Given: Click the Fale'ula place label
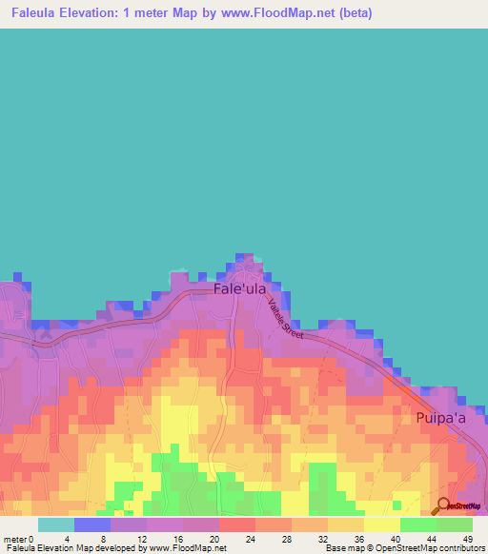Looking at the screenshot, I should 239,287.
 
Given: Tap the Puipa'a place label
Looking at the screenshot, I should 439,417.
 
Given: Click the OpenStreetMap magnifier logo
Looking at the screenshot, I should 443,505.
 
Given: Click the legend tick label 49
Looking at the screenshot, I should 466,539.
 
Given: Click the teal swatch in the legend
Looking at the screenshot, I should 55,524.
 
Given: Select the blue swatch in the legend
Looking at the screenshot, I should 91,524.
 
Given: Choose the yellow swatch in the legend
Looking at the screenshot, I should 381,524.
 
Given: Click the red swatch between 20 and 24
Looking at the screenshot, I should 236,524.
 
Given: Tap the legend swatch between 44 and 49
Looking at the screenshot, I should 454,524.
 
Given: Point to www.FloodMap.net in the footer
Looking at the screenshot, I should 190,548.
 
